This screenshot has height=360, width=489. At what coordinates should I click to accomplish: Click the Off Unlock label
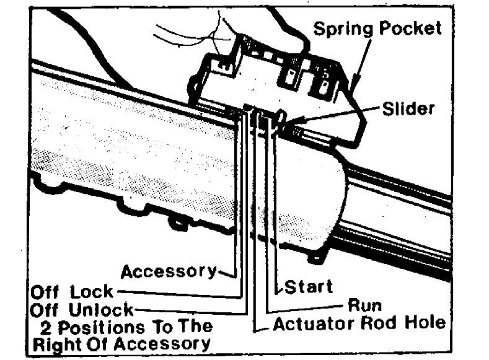click(x=81, y=308)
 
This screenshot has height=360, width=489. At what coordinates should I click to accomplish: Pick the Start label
click(x=308, y=287)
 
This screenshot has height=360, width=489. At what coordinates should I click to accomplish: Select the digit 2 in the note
click(x=45, y=326)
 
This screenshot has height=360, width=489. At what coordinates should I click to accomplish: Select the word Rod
click(x=389, y=323)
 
